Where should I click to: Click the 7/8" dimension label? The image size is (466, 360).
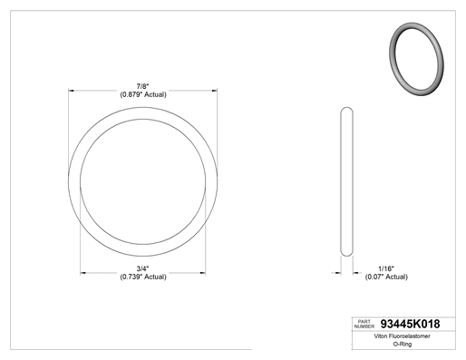point(142,87)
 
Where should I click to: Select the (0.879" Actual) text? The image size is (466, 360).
point(143,94)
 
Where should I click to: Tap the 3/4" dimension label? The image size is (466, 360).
point(142,268)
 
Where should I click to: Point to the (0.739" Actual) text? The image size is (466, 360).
point(143,277)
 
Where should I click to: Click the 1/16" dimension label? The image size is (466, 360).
point(386,268)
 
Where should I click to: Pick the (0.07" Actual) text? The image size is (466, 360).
point(386,277)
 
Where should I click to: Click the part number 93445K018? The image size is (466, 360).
point(410,324)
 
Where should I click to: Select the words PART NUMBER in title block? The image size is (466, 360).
point(364,324)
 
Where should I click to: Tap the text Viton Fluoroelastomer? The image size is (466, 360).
point(402,336)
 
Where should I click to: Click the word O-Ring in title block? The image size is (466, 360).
point(403,344)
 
